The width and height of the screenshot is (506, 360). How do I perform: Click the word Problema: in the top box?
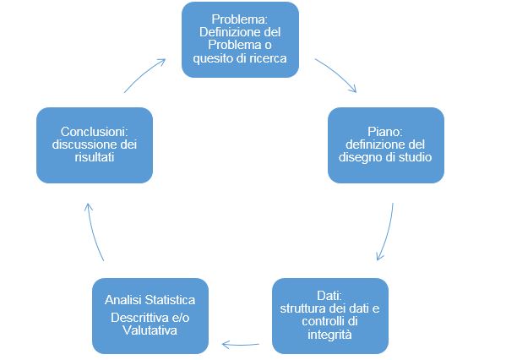240,19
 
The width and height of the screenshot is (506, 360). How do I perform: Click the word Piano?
385,132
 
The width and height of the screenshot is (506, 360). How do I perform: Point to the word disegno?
357,157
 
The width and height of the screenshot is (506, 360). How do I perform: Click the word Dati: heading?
329,296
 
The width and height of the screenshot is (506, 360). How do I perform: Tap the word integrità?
329,335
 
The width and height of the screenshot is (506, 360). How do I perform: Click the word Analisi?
123,300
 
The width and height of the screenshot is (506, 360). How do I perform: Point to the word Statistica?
170,300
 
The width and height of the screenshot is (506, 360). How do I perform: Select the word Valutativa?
150,330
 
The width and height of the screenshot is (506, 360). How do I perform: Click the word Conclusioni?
95,132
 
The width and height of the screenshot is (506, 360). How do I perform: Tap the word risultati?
95,157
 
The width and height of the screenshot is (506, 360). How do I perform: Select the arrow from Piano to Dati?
387,232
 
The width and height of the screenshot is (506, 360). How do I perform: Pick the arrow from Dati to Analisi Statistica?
241,345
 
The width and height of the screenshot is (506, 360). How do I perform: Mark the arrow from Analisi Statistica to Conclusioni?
93,232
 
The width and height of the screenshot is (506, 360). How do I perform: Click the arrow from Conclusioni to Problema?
144,74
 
